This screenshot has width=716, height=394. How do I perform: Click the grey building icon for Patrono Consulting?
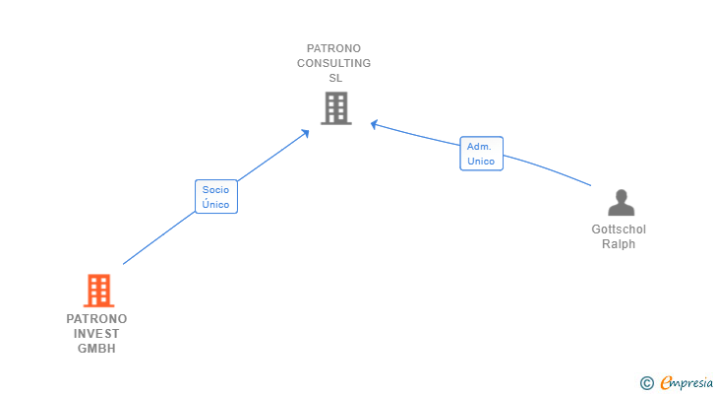pyautogui.click(x=335, y=108)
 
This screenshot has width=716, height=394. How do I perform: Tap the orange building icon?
pyautogui.click(x=98, y=291)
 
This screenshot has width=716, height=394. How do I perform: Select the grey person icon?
pyautogui.click(x=621, y=203)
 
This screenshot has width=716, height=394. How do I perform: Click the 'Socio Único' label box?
pyautogui.click(x=215, y=196)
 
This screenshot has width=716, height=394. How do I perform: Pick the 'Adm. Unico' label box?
pyautogui.click(x=481, y=154)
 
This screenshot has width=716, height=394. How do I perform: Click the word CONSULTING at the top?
pyautogui.click(x=334, y=63)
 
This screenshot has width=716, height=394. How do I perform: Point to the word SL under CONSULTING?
pyautogui.click(x=334, y=78)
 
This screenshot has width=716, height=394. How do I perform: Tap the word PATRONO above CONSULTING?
pyautogui.click(x=334, y=48)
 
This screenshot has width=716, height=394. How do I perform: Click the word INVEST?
pyautogui.click(x=96, y=334)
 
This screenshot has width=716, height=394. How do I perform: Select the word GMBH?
pyautogui.click(x=96, y=349)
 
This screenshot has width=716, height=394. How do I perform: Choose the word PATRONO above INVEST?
pyautogui.click(x=96, y=319)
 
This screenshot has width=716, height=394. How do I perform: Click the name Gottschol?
pyautogui.click(x=619, y=230)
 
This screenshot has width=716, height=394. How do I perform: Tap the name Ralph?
pyautogui.click(x=619, y=244)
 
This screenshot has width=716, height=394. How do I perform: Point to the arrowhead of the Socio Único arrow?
pyautogui.click(x=307, y=132)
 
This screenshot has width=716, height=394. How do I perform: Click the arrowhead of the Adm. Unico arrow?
pyautogui.click(x=374, y=123)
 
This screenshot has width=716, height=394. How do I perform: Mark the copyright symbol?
pyautogui.click(x=646, y=382)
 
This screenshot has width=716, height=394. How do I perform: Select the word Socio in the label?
pyautogui.click(x=215, y=188)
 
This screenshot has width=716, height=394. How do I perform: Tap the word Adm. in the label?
pyautogui.click(x=479, y=146)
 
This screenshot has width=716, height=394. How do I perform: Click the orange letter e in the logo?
pyautogui.click(x=667, y=382)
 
